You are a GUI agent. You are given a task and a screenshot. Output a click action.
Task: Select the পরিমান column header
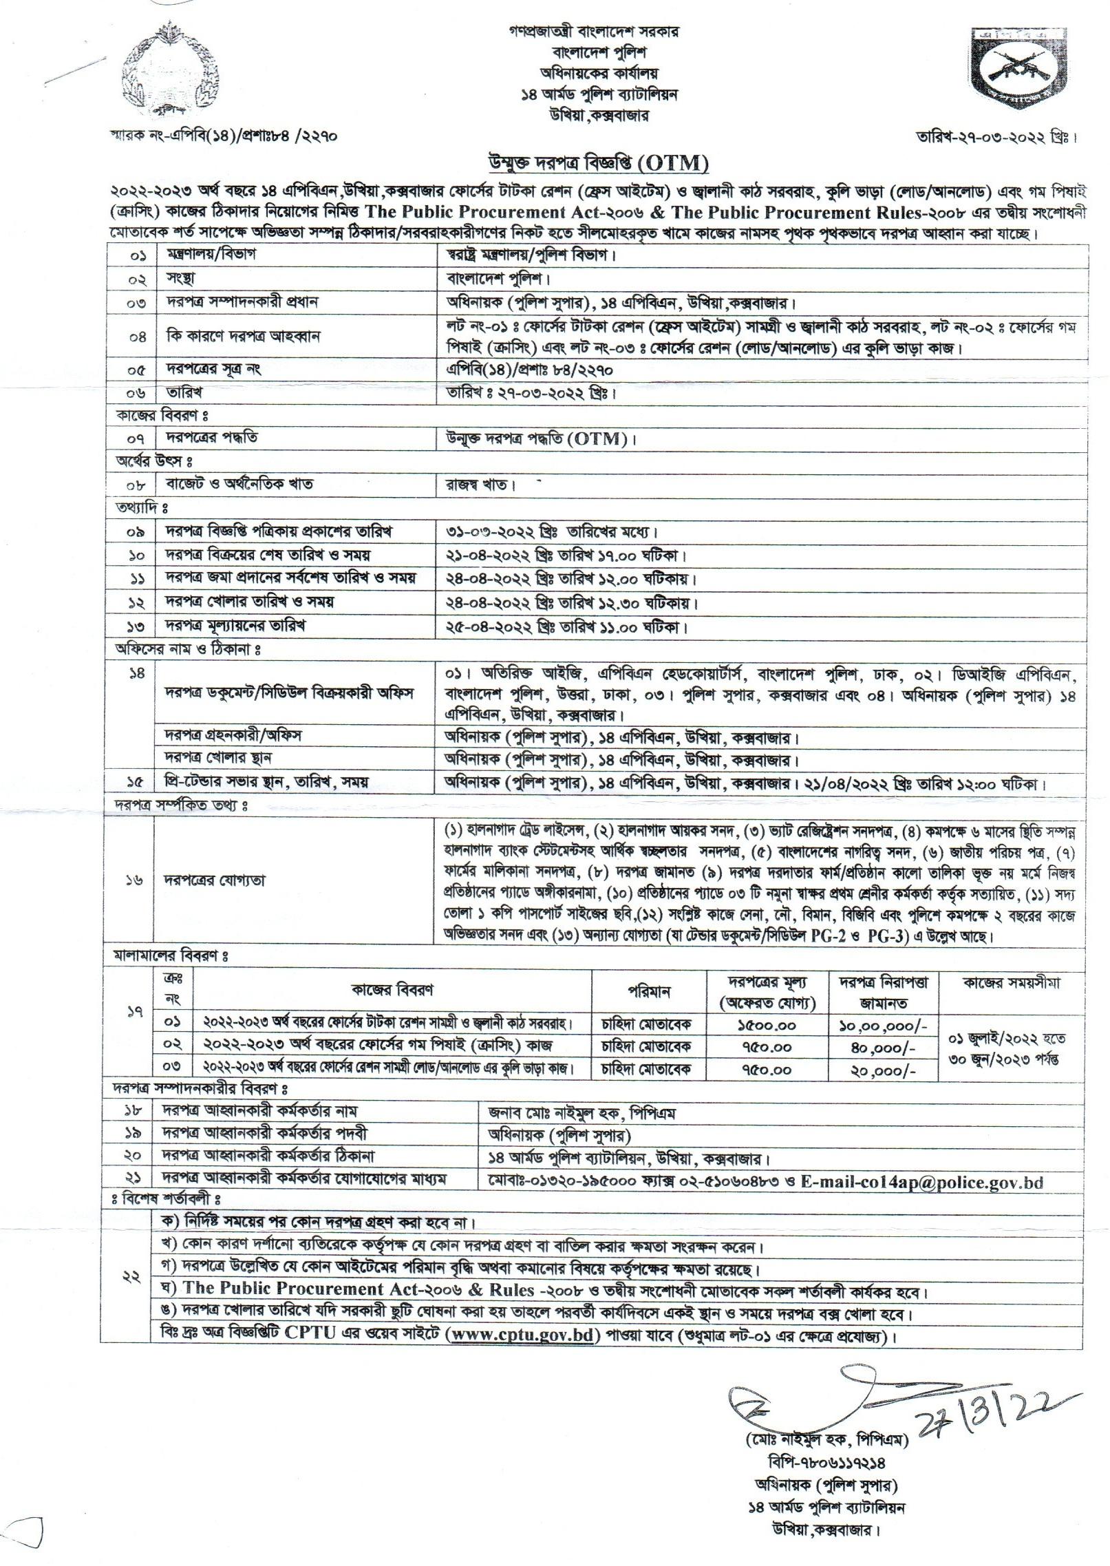click(x=649, y=992)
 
